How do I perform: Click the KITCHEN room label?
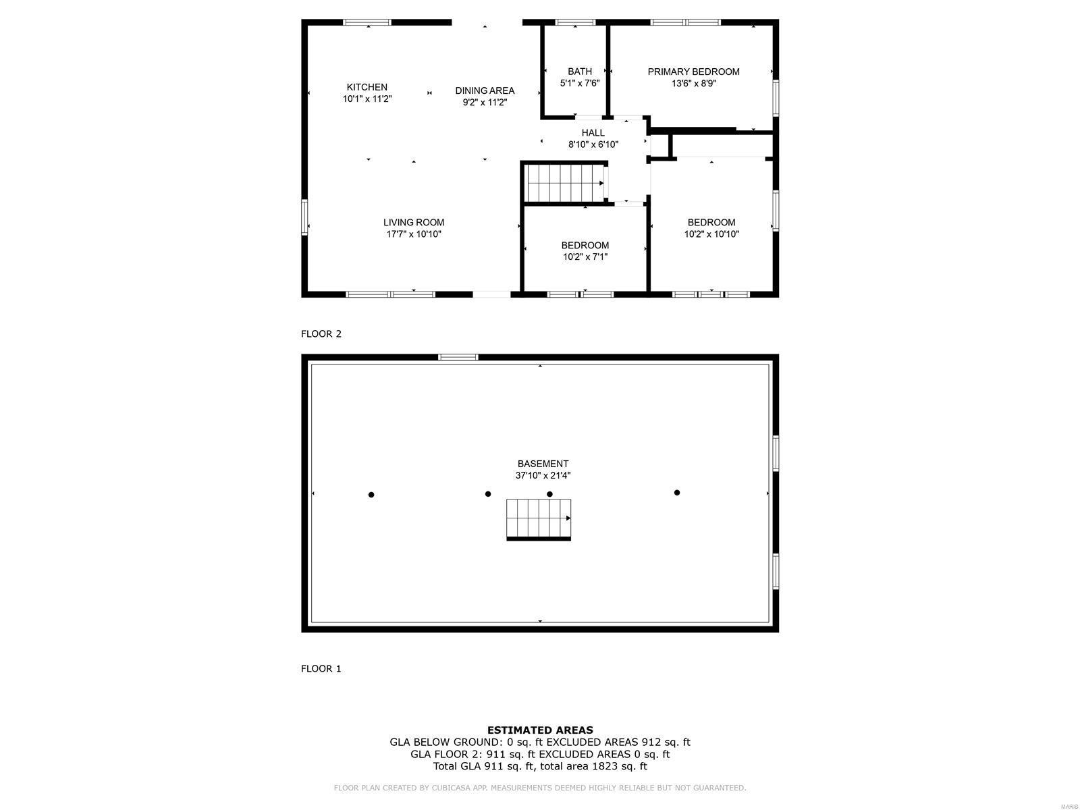pos(367,87)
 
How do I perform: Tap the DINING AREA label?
pos(485,90)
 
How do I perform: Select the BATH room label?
pos(580,72)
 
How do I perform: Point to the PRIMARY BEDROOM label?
pos(693,72)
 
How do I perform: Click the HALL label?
pos(593,133)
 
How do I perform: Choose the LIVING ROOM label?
pos(414,222)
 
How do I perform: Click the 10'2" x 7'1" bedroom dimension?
pos(585,256)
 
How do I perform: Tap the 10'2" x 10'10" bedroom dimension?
pos(711,234)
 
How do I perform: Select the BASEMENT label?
pos(543,464)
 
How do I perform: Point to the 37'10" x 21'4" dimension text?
pos(543,476)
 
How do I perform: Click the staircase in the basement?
pos(539,519)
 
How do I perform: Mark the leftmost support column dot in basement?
pos(371,495)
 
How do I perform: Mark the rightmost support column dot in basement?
pos(677,493)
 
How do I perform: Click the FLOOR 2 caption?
pos(321,334)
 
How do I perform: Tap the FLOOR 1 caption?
pos(321,669)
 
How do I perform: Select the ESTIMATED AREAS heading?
pos(540,730)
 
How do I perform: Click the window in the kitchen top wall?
pos(367,22)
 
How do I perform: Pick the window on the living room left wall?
pos(304,217)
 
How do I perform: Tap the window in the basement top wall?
pos(458,357)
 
